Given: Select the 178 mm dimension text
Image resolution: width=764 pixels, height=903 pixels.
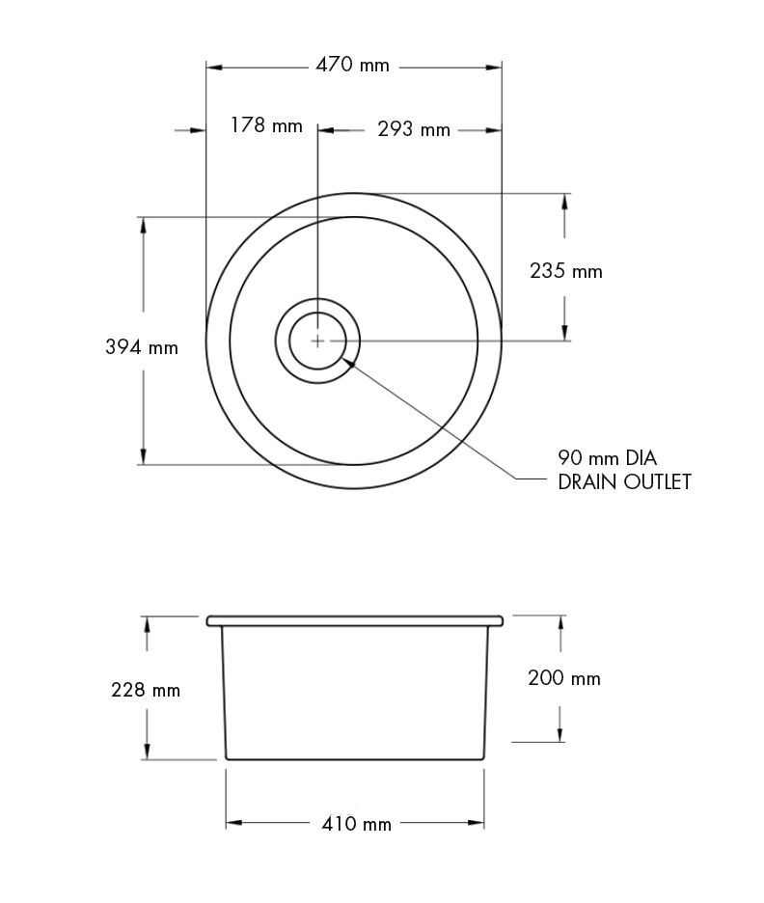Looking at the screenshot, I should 265,126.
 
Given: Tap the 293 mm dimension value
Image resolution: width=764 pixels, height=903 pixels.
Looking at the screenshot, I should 413,129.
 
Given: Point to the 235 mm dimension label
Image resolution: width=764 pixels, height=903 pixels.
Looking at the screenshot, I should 566,271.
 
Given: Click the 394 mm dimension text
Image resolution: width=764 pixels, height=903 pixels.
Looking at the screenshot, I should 142,347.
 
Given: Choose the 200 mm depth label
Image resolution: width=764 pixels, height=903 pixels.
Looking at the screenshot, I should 564,678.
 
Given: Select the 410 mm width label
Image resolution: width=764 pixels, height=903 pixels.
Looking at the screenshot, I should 355,824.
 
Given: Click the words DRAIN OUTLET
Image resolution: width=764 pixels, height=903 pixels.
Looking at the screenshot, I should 624,482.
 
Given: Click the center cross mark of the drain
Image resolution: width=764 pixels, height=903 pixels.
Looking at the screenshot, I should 317,341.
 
